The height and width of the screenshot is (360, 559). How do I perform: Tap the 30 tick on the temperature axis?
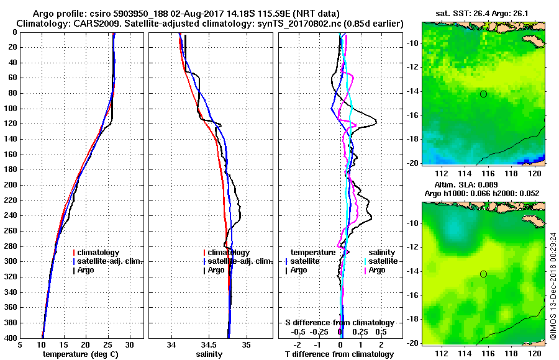(130, 344)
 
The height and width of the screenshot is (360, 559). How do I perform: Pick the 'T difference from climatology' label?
(339, 354)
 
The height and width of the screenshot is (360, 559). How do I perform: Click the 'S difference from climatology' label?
(339, 323)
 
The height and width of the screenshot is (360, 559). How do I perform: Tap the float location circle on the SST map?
(483, 94)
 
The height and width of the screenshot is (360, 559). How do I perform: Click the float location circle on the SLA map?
(483, 274)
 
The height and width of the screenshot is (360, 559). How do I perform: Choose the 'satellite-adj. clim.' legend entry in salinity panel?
(237, 261)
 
